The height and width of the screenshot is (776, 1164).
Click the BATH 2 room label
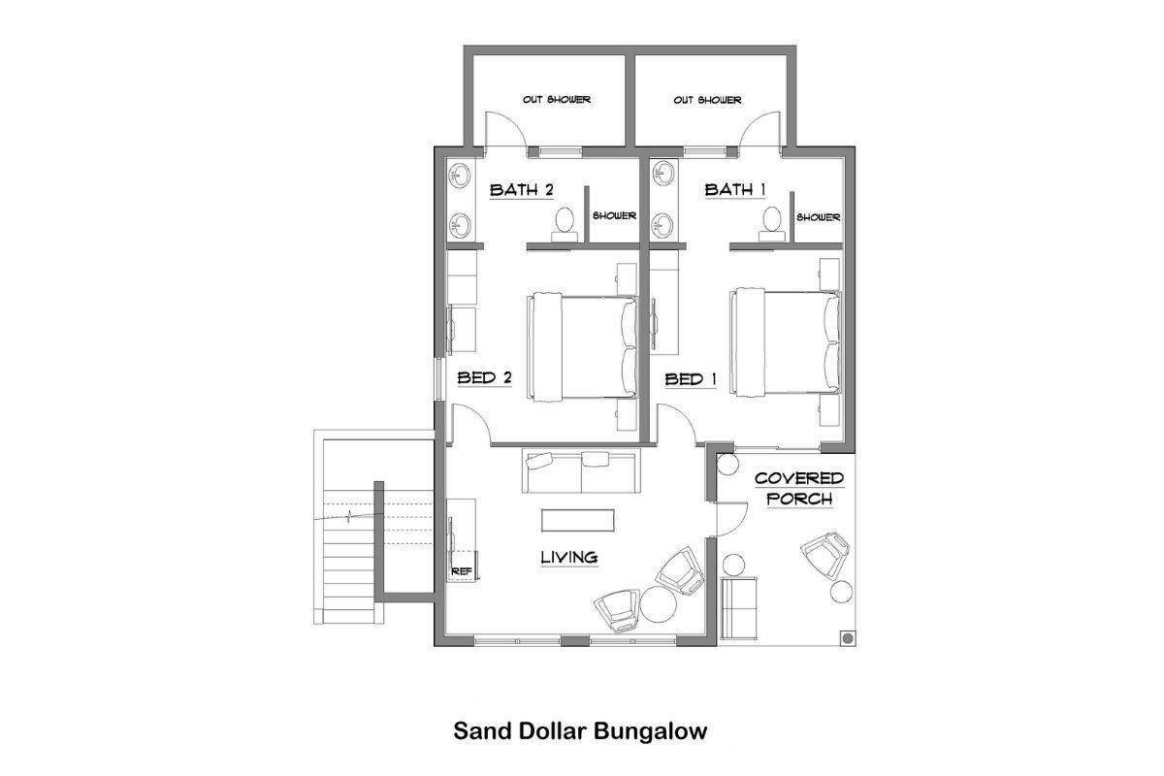(x=521, y=189)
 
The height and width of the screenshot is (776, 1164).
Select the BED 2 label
(x=484, y=378)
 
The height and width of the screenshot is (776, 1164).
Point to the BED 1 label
(x=691, y=379)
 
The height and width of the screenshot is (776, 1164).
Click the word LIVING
(x=568, y=557)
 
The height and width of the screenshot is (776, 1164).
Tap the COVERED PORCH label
(x=799, y=489)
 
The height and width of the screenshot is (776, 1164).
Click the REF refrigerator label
(x=462, y=571)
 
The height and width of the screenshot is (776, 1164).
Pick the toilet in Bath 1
(x=772, y=222)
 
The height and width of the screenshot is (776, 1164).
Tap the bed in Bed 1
(x=787, y=341)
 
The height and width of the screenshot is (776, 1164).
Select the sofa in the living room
(x=580, y=471)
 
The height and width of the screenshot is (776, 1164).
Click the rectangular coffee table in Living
(x=577, y=521)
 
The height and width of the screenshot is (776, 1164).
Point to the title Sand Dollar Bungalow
(x=580, y=730)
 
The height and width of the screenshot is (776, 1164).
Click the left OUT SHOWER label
(x=557, y=100)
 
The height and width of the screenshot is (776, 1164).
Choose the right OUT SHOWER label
(x=707, y=100)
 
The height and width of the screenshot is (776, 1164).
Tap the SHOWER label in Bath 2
(x=613, y=216)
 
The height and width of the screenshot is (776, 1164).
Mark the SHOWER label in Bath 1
(x=819, y=217)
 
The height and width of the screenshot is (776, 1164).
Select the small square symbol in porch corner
(x=847, y=637)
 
